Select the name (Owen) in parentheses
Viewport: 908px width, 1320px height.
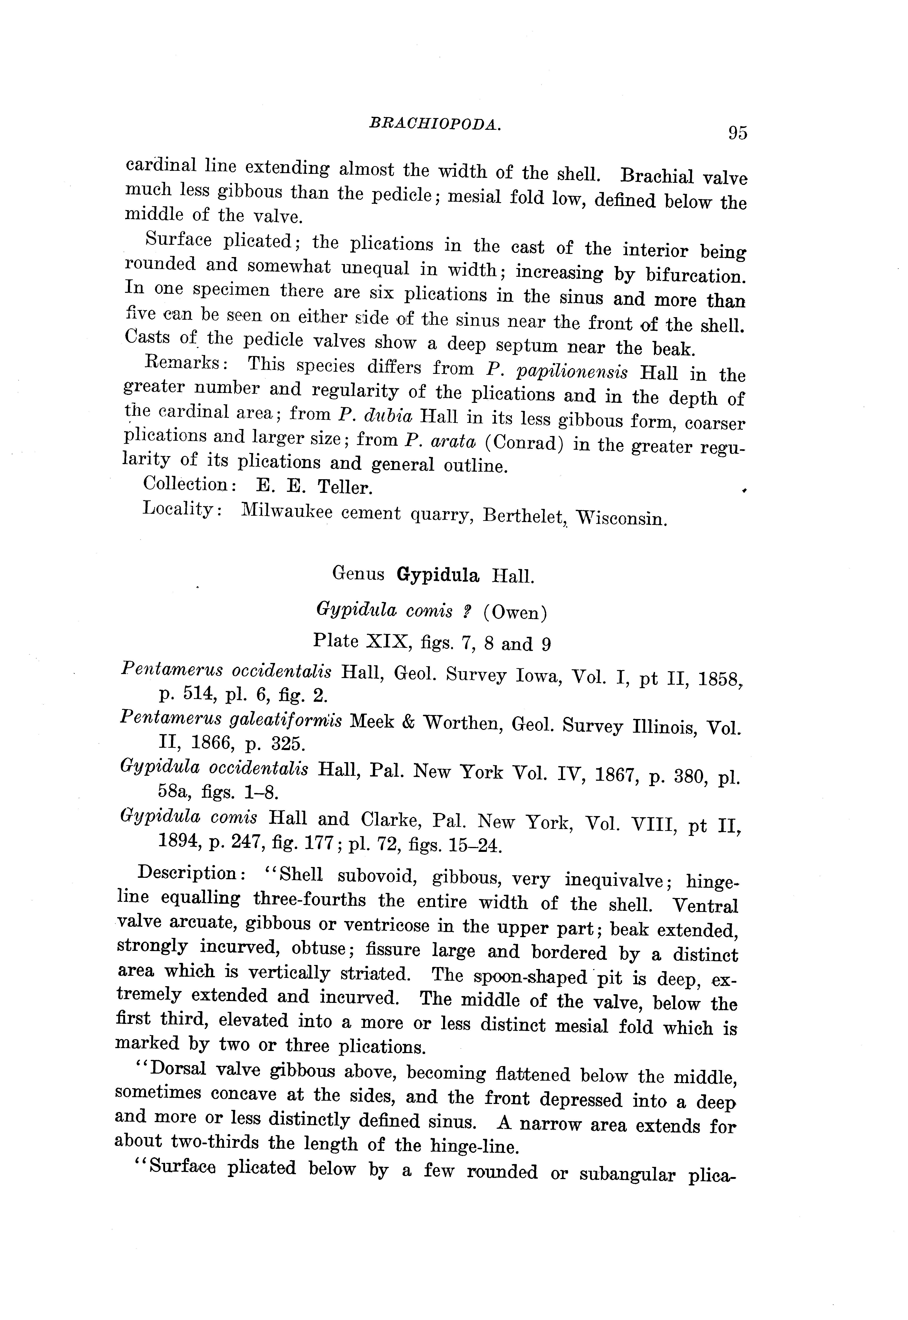point(515,613)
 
